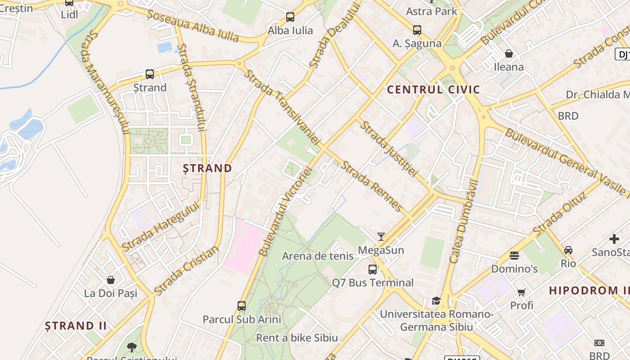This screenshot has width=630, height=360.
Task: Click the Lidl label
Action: point(69,14)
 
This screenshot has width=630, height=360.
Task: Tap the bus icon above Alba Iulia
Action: point(290,18)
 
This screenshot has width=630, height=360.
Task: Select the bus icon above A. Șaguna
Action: point(417,30)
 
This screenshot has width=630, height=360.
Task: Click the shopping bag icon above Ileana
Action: point(509,54)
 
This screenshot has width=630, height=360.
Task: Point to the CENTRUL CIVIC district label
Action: point(433,90)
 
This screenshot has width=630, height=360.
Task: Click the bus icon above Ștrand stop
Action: point(150,74)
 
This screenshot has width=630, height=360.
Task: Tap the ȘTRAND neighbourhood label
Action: point(207,168)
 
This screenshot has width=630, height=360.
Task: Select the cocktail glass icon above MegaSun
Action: point(381,237)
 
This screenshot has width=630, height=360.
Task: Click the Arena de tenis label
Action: point(318,256)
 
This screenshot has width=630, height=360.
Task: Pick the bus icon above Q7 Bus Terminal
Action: point(373,270)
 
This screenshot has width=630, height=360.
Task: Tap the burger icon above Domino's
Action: point(514,256)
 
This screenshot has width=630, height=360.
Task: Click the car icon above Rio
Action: point(568,250)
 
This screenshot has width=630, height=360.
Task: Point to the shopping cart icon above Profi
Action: point(522,292)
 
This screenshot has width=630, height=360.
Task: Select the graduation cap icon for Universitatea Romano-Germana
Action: point(436,301)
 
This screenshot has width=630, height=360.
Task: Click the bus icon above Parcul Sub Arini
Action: point(242,306)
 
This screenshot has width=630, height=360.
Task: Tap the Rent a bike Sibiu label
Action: point(297,337)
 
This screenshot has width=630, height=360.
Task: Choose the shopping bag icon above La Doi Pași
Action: point(111,280)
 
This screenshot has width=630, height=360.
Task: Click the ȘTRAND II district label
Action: point(76,325)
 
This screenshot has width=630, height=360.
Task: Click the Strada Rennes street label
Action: point(371,186)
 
